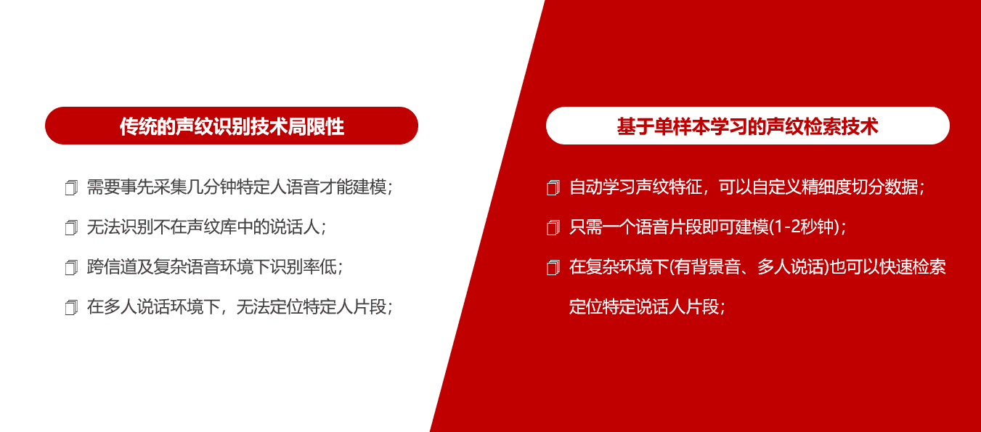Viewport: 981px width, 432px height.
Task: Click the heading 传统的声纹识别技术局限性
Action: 232,126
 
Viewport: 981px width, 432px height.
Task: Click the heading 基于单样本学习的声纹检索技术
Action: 748,126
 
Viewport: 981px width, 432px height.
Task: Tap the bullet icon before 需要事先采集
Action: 71,188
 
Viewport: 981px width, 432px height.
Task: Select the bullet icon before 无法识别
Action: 71,227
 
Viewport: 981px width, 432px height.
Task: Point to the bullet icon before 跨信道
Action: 71,267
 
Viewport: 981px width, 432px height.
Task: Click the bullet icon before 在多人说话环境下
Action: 71,307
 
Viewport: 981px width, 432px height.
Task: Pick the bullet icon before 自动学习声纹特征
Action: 553,188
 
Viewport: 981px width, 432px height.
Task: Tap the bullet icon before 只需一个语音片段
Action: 553,227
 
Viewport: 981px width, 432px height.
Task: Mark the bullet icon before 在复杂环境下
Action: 553,267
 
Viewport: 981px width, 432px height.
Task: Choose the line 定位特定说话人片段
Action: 644,307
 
